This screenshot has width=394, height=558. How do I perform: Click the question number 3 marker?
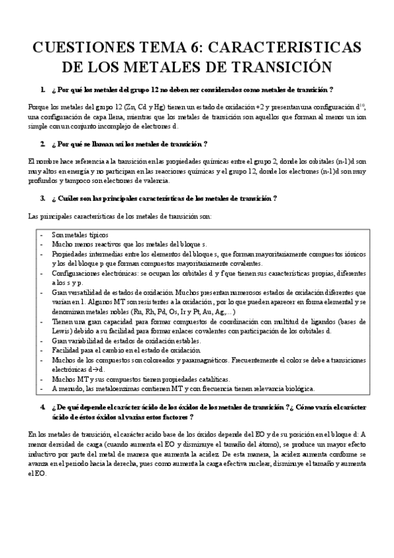(x=43, y=198)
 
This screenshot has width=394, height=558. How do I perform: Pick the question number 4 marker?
(x=43, y=408)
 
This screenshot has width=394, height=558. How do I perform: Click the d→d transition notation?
(x=79, y=369)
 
